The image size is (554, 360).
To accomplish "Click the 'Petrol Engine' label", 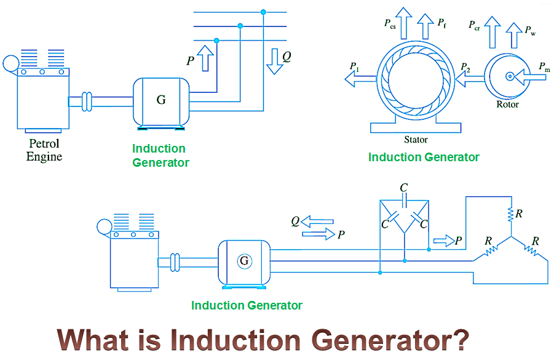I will point(44,150).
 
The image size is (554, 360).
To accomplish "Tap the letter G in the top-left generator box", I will point(161,100).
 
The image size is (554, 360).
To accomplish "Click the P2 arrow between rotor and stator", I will point(469,78).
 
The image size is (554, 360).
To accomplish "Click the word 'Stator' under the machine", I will point(416,140).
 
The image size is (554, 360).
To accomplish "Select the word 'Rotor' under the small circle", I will point(507,105).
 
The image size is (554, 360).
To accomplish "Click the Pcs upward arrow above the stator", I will point(405,23).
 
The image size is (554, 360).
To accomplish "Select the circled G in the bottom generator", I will point(244,261).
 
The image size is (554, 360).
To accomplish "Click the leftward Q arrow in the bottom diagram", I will point(317,221).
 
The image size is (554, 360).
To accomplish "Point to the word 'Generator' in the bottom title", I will point(382,340).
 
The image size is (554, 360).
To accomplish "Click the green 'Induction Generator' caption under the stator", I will point(424,157).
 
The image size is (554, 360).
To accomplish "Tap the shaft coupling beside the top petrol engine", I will point(87,100).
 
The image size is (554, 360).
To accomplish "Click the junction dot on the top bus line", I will point(263,12).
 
